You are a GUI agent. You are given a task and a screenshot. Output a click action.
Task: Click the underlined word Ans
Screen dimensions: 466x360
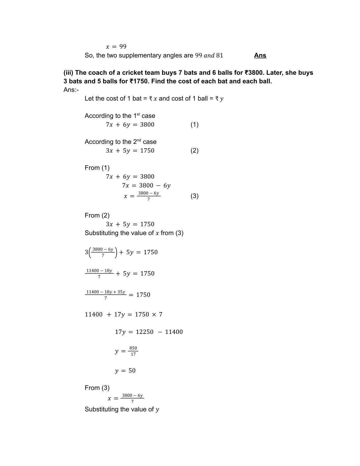[x=260, y=55]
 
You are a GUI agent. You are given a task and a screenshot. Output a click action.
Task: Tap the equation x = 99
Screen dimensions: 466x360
[x=116, y=46]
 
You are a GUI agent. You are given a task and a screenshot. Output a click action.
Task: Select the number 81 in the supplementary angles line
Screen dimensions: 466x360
[x=219, y=55]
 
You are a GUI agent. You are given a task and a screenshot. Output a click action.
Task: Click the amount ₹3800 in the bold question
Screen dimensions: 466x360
[x=254, y=73]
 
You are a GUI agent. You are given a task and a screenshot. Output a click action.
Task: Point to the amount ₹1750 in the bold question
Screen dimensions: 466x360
[x=139, y=81]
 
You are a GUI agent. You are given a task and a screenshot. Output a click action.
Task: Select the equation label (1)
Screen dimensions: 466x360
[x=194, y=124]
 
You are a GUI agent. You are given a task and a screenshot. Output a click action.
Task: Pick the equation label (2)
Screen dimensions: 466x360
[x=194, y=150]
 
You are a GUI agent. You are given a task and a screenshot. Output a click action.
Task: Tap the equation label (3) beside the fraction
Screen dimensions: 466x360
[x=194, y=196]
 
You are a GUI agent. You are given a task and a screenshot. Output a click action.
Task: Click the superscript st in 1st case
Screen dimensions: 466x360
[x=138, y=114]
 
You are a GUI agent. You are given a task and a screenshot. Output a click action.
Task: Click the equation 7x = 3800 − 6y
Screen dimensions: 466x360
[x=146, y=185]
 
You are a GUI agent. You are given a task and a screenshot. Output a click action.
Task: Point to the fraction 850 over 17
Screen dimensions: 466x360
[x=133, y=351]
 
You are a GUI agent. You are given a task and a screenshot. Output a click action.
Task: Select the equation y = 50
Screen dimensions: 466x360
[x=125, y=371]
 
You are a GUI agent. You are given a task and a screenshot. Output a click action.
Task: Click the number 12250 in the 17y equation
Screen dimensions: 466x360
[x=144, y=332]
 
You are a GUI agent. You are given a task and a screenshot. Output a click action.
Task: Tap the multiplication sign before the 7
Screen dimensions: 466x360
[x=154, y=314]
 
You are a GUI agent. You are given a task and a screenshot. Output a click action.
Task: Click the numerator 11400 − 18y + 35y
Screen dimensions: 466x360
[x=106, y=292]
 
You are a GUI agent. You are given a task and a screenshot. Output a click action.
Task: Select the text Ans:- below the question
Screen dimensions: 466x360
[x=71, y=90]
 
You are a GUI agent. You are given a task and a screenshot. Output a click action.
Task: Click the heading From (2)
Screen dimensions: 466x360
[x=97, y=215]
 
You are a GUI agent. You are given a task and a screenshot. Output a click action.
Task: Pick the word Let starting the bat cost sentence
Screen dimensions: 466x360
[x=89, y=99]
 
